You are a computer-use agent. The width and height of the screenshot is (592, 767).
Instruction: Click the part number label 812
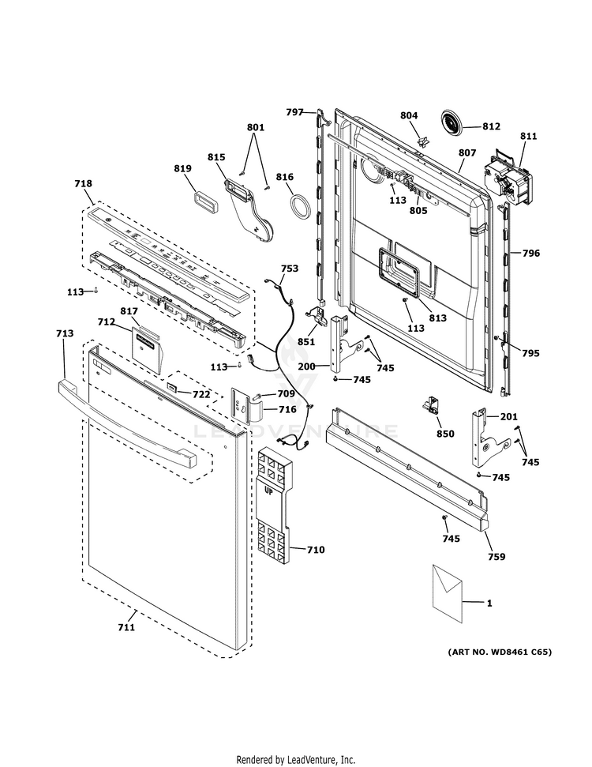(x=491, y=126)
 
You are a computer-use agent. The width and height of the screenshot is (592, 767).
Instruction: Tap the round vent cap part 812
(x=451, y=124)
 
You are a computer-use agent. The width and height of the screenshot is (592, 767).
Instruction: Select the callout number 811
(x=528, y=137)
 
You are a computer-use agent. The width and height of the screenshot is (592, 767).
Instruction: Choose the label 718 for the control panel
(x=83, y=183)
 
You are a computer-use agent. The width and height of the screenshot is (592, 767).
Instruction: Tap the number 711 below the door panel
(x=126, y=627)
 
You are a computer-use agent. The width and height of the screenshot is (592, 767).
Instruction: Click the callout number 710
(x=315, y=549)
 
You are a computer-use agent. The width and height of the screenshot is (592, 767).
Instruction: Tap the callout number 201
(x=508, y=417)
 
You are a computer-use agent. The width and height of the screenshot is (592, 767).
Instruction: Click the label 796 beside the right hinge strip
(x=530, y=254)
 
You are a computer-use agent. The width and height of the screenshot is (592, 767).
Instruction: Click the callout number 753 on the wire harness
(x=290, y=269)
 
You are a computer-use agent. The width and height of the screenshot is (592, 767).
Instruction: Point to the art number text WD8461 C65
(x=500, y=652)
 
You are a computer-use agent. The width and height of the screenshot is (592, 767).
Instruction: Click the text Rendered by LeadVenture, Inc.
(x=296, y=759)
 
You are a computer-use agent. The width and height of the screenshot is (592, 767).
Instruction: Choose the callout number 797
(x=294, y=112)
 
